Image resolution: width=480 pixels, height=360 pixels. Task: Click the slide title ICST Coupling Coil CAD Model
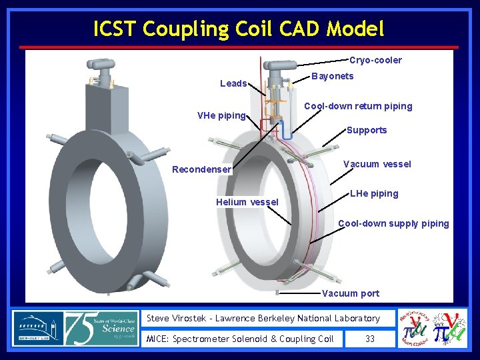point(239,29)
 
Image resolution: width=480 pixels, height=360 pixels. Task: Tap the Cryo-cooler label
point(375,60)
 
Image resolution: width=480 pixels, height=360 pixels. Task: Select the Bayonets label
point(333,76)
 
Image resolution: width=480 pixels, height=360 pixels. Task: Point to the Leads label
point(233,83)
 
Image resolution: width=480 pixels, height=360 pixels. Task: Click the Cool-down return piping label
point(358,106)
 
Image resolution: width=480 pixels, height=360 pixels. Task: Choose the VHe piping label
point(221,115)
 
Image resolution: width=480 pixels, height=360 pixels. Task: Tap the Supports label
point(367,130)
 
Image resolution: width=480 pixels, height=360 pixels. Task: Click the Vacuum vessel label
point(377,164)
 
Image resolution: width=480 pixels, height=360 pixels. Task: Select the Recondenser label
point(201,169)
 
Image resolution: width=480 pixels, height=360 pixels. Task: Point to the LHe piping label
point(374,193)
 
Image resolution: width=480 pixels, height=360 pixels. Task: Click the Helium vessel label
point(247,202)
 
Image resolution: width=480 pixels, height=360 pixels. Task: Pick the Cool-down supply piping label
point(393,223)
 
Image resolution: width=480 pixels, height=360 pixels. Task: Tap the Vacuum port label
point(351,293)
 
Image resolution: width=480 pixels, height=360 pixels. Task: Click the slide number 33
point(370,339)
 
